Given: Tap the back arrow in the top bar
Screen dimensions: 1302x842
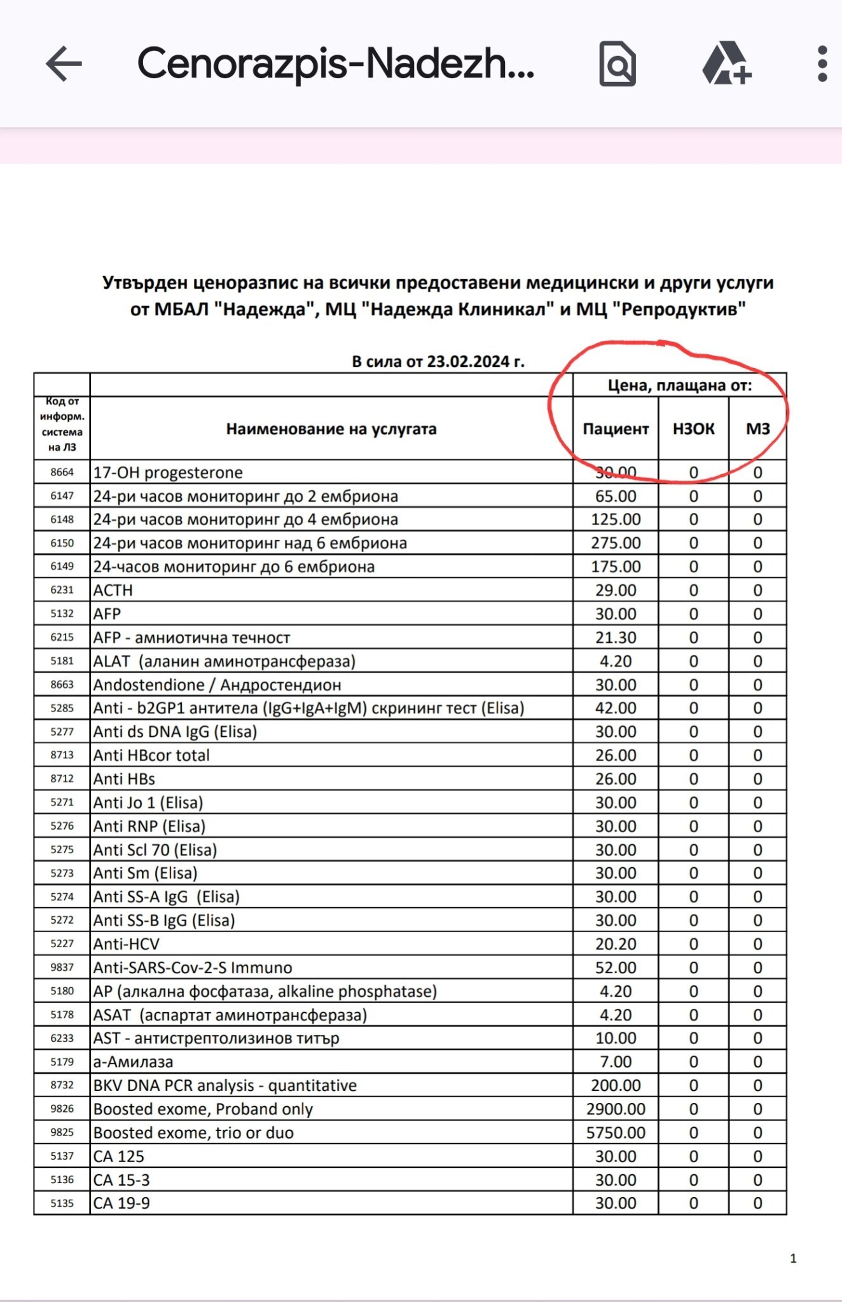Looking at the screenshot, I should tap(64, 64).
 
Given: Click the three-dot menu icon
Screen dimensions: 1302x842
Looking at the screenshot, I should tap(822, 64).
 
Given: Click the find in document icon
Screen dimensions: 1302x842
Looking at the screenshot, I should tap(617, 64).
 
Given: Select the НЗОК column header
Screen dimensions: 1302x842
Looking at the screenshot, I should tap(693, 429).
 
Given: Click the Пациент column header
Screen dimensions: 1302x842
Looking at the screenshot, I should tap(616, 429).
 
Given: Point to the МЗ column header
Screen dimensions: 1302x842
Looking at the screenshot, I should tap(757, 429).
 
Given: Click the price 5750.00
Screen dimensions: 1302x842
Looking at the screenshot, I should tap(616, 1133).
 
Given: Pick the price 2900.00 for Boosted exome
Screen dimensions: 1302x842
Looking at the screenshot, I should tap(616, 1109).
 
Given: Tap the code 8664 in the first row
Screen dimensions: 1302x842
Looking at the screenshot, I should tap(62, 472).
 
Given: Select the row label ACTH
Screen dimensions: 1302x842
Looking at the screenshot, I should tap(113, 591).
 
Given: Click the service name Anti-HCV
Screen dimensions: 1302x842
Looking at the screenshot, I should tap(127, 944).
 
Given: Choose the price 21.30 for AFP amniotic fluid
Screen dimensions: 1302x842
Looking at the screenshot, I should tap(616, 638).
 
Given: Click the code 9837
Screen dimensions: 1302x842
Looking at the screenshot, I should tap(62, 968).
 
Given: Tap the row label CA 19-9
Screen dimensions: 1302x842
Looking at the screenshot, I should tap(121, 1203).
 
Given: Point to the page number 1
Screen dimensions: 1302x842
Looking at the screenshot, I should tap(793, 1258).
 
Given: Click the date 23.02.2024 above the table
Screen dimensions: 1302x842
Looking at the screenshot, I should tap(471, 362).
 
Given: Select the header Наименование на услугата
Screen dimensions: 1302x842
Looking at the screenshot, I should tap(331, 429).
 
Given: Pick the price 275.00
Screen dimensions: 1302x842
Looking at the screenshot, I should tap(616, 544).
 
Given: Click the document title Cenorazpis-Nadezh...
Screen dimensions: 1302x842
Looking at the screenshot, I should tap(336, 64).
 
